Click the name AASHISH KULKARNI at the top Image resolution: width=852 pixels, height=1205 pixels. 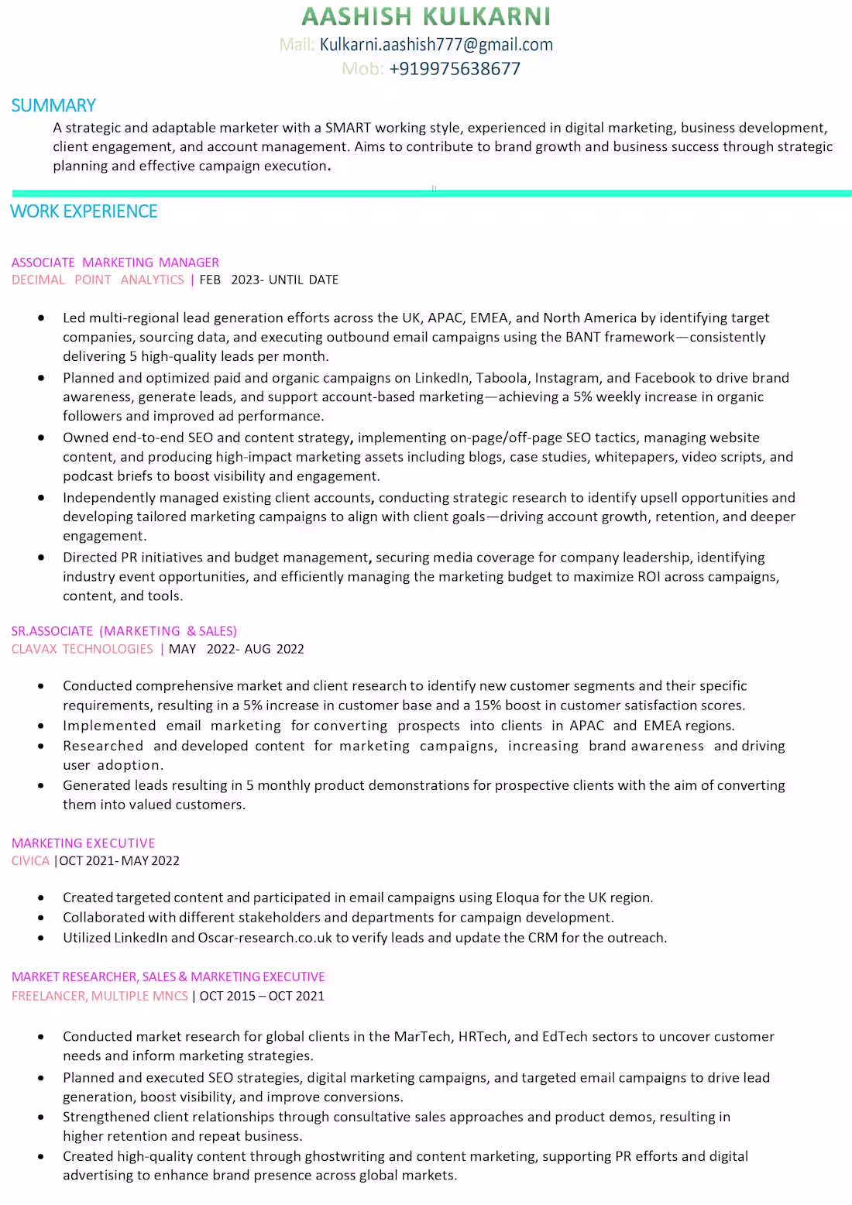click(x=426, y=16)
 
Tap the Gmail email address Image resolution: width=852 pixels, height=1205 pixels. click(x=436, y=45)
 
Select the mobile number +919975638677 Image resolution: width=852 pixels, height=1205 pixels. click(x=455, y=69)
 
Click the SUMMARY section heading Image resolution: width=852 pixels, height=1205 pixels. click(x=53, y=105)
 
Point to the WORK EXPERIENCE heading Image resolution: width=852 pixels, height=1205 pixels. click(x=84, y=211)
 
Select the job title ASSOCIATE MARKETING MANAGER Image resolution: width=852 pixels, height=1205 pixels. click(x=115, y=263)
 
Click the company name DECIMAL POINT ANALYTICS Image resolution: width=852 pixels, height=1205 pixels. click(x=98, y=280)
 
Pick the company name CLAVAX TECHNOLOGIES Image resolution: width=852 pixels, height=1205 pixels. click(x=82, y=649)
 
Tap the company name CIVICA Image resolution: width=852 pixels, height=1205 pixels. click(x=30, y=860)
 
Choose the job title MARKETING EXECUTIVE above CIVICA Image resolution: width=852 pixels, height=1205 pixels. click(x=84, y=843)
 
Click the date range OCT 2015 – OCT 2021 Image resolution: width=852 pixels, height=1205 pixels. click(x=262, y=996)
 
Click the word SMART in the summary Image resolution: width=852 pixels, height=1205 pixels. click(x=348, y=128)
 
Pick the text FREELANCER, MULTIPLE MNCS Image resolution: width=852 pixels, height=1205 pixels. click(x=100, y=996)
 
